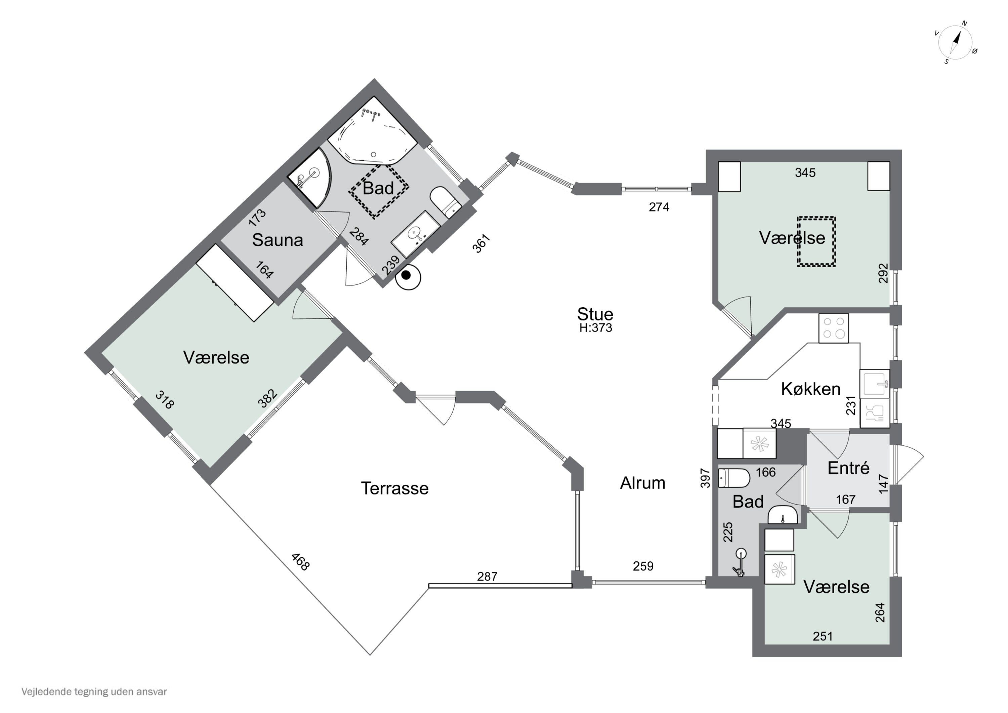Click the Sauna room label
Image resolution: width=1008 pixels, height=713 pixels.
point(278,240)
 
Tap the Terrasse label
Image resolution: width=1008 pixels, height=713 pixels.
point(395,488)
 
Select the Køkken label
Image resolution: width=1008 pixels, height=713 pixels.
point(810,389)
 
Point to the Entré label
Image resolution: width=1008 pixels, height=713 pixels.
point(848,468)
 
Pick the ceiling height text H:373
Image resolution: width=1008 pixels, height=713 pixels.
point(595,328)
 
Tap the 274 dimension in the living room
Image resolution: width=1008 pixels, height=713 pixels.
point(659,207)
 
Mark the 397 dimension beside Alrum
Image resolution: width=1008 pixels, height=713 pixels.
point(705,478)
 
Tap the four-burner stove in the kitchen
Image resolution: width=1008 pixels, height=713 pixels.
point(833,328)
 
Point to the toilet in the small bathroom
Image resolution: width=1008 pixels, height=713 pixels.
point(734,478)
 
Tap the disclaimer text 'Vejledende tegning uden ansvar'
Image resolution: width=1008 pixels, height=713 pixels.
point(94,691)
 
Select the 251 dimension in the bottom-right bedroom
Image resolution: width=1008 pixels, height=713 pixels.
point(822,636)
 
